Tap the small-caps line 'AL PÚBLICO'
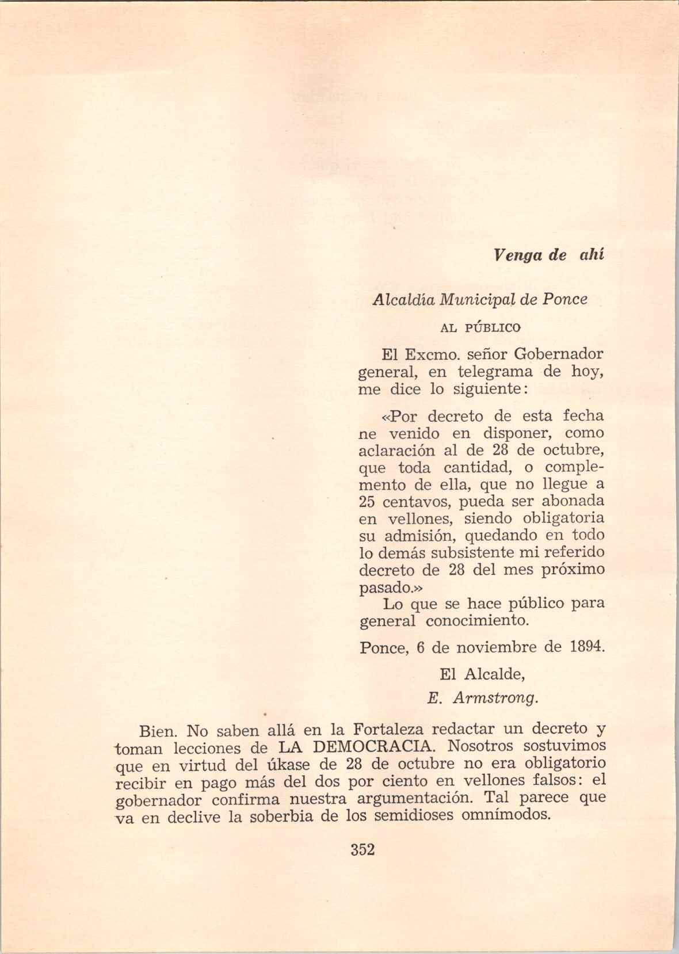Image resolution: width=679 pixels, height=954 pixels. point(480,328)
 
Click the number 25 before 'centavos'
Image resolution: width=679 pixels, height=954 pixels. point(367,501)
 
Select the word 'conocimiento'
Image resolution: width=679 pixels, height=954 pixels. point(477,622)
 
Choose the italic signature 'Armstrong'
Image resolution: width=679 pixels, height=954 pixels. point(495,699)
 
